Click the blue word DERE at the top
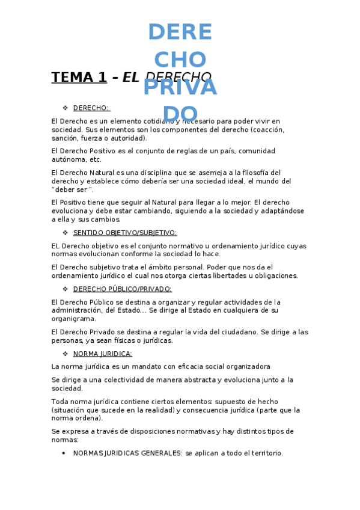point(180,32)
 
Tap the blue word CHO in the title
point(180,59)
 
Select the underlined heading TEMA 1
point(79,77)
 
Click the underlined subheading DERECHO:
point(91,108)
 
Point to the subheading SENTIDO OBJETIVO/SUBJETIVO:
point(124,233)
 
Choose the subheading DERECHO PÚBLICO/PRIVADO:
point(122,289)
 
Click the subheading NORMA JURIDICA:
point(102,354)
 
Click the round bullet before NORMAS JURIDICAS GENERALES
point(64,453)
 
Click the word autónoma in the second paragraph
point(69,159)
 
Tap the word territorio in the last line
point(264,453)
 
